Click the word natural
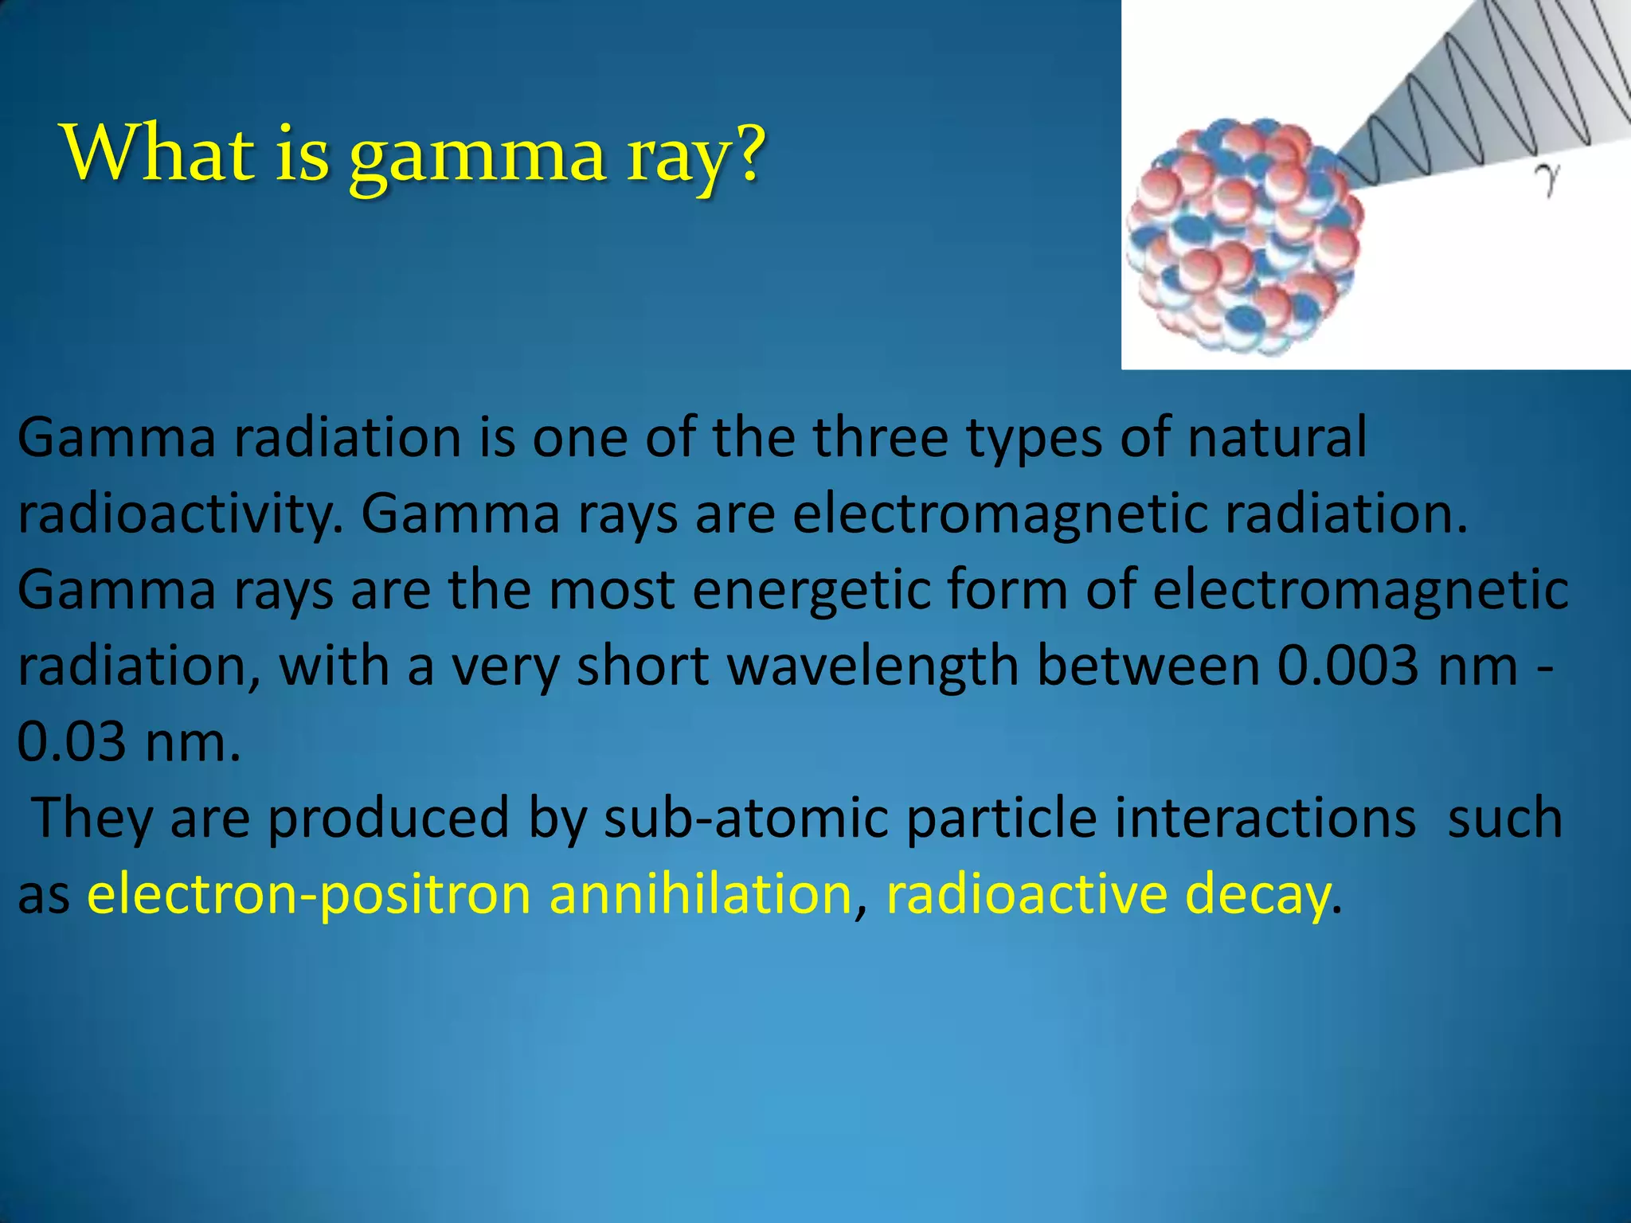point(1277,437)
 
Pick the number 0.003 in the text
point(1347,666)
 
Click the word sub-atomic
point(745,818)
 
